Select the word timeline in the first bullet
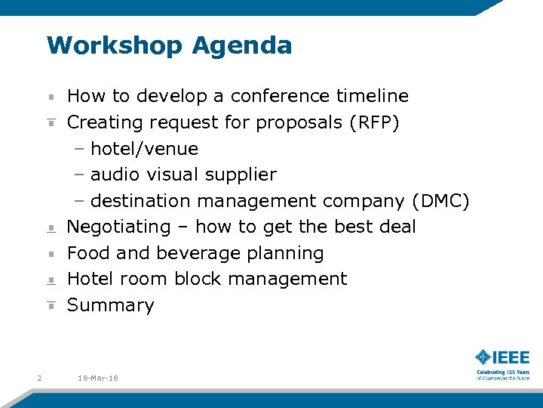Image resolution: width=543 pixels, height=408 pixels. pyautogui.click(x=373, y=96)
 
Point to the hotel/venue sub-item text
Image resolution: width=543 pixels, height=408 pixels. pyautogui.click(x=144, y=149)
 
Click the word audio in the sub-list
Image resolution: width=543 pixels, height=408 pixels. pyautogui.click(x=115, y=175)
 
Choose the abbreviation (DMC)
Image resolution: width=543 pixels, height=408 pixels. pyautogui.click(x=441, y=201)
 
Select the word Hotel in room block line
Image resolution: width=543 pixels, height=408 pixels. pyautogui.click(x=89, y=279)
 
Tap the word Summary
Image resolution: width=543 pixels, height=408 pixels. pyautogui.click(x=111, y=305)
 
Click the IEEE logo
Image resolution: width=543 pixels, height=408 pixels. pyautogui.click(x=502, y=357)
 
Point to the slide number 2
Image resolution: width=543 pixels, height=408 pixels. pyautogui.click(x=39, y=377)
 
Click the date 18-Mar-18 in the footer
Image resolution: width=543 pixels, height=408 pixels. pyautogui.click(x=98, y=377)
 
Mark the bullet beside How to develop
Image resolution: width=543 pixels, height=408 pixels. pyautogui.click(x=51, y=97)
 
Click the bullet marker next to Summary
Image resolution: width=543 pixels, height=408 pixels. pyautogui.click(x=51, y=306)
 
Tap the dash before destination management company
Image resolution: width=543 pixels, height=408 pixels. pyautogui.click(x=79, y=201)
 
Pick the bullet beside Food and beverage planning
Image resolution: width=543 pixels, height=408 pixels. pyautogui.click(x=51, y=254)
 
